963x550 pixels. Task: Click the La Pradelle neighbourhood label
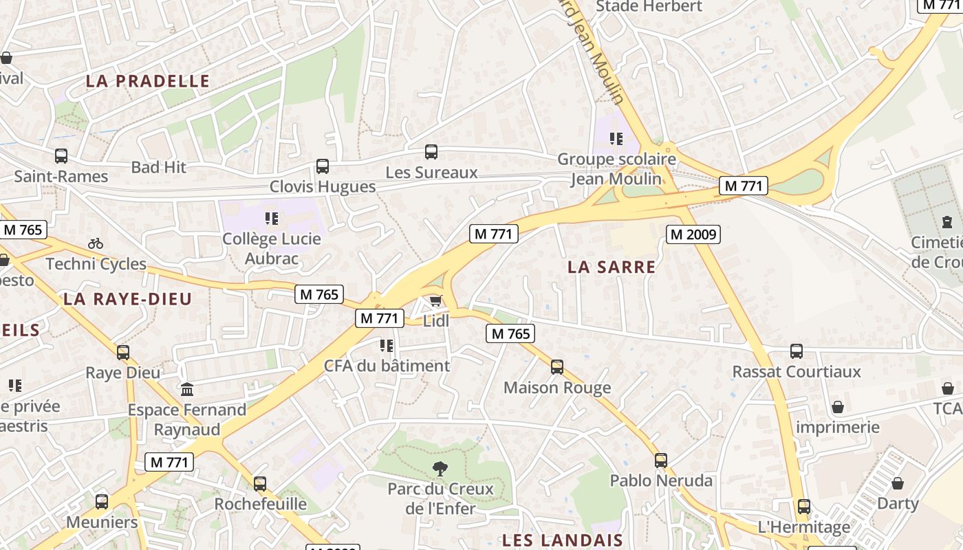click(x=147, y=81)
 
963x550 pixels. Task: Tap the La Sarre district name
click(x=612, y=267)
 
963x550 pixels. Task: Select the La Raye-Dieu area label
click(x=127, y=298)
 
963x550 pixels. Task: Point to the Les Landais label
click(x=562, y=540)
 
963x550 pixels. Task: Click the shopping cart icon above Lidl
click(x=435, y=301)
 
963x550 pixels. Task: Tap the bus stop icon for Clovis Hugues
click(x=322, y=166)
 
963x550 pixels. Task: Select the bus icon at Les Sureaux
click(x=431, y=152)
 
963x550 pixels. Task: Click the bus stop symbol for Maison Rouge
click(x=557, y=367)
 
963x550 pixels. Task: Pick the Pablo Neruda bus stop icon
click(x=661, y=460)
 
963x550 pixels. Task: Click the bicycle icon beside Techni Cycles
click(x=96, y=243)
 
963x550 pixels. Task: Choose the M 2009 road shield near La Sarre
click(x=693, y=234)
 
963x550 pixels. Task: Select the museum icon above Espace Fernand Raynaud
click(x=187, y=390)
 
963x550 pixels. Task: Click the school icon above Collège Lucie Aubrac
click(x=272, y=219)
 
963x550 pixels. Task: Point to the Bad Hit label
click(x=158, y=167)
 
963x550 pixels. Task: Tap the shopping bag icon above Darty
click(x=898, y=483)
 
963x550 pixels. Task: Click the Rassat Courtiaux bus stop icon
click(x=797, y=351)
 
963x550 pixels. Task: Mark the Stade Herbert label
click(x=649, y=6)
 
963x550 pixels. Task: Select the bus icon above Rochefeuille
click(x=259, y=484)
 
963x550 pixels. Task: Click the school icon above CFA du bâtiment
click(x=387, y=345)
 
